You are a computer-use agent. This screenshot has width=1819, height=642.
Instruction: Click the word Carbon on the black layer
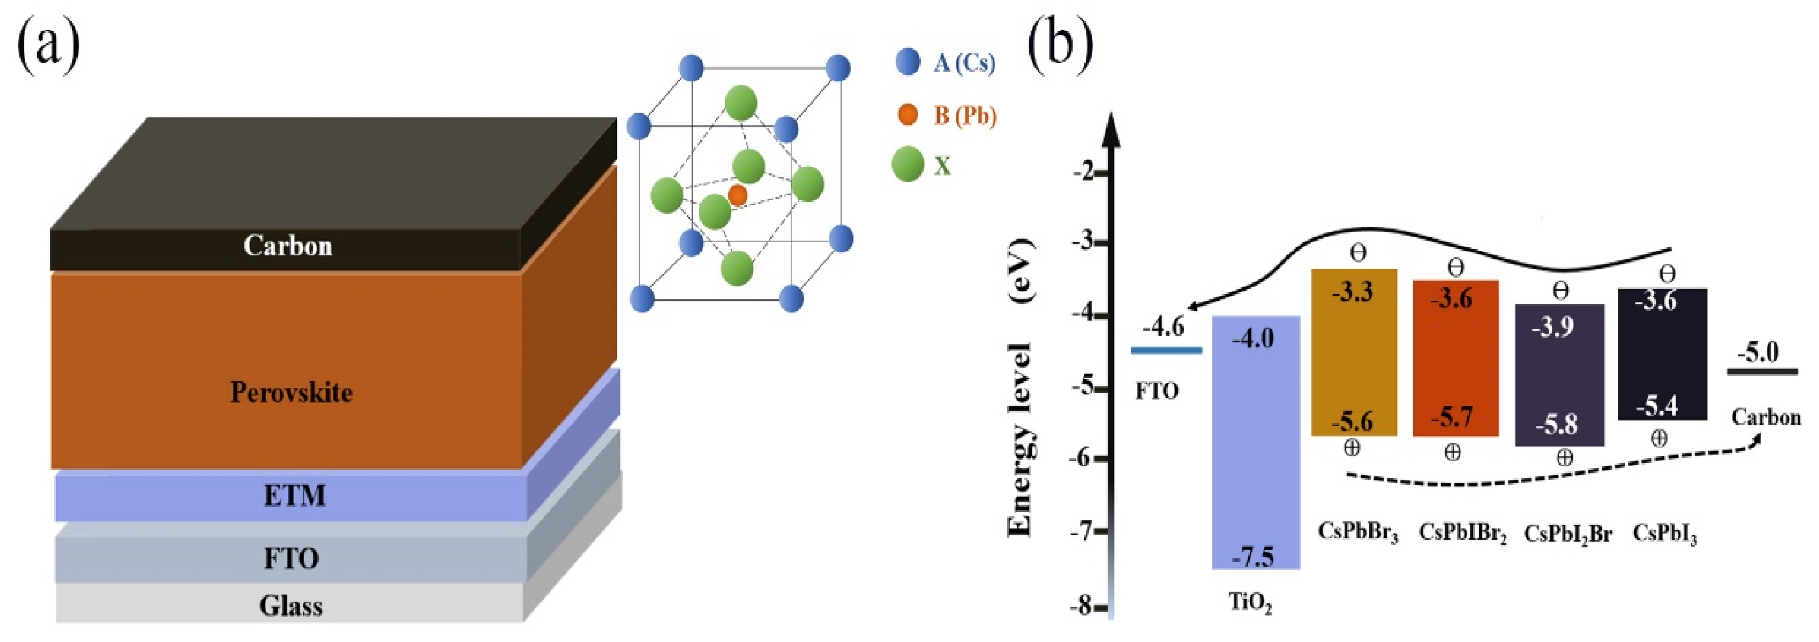(x=287, y=246)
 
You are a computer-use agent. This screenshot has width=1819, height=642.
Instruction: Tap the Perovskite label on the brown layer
(x=291, y=392)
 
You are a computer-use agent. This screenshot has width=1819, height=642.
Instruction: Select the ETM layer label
(x=294, y=496)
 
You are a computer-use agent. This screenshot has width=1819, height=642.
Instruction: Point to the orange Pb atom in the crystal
(x=737, y=195)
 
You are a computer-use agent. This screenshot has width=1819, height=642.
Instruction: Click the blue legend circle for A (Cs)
(x=907, y=62)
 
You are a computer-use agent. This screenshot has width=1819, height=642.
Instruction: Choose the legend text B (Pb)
(x=965, y=115)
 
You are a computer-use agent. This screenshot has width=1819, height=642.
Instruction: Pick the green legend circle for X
(x=907, y=165)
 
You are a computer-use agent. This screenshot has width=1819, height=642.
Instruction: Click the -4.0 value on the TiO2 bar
(x=1253, y=339)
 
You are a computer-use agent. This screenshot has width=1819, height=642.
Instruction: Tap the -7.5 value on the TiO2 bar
(x=1253, y=557)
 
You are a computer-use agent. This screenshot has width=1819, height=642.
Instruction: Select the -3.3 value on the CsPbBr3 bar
(x=1352, y=292)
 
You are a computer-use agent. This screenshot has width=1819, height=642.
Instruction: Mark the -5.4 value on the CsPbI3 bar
(x=1657, y=406)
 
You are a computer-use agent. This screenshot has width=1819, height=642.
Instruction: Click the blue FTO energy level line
(x=1166, y=350)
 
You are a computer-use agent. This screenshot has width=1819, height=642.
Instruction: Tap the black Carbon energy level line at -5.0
(x=1762, y=372)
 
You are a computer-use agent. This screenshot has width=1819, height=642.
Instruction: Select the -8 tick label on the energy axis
(x=1081, y=606)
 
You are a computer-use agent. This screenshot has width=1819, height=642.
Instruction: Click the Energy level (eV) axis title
(x=1020, y=389)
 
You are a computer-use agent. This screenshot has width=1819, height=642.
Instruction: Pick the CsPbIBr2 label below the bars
(x=1462, y=532)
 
